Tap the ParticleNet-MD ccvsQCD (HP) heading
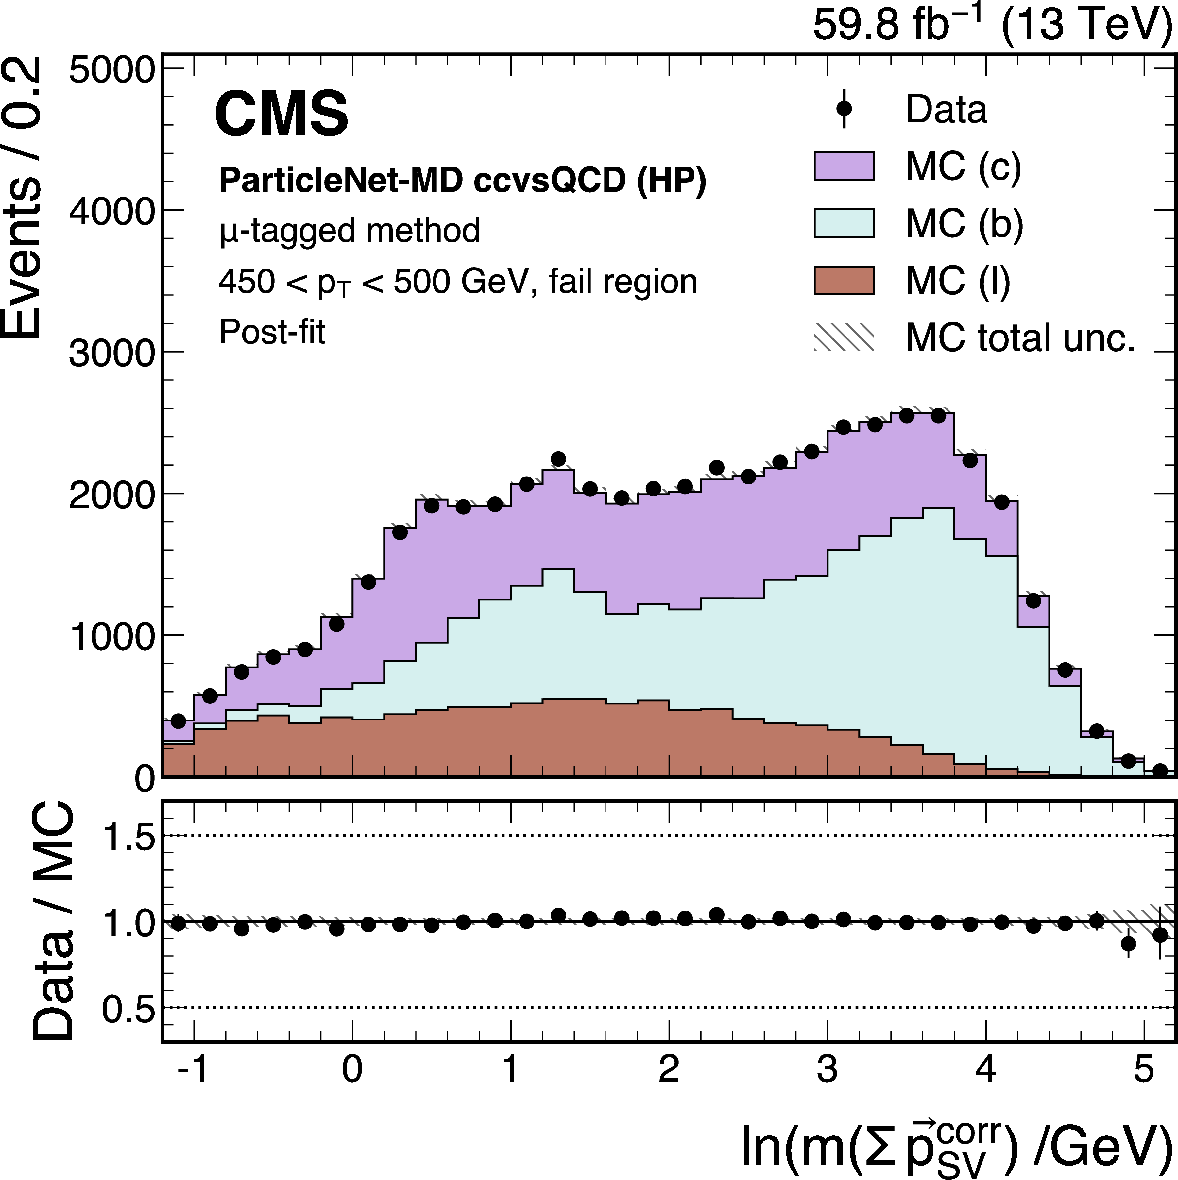[462, 180]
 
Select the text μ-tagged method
[349, 231]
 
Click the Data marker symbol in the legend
[844, 109]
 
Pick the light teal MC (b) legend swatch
[844, 223]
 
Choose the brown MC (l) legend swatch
[844, 280]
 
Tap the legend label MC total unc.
[1020, 338]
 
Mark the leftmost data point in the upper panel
[178, 721]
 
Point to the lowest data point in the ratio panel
[1129, 944]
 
